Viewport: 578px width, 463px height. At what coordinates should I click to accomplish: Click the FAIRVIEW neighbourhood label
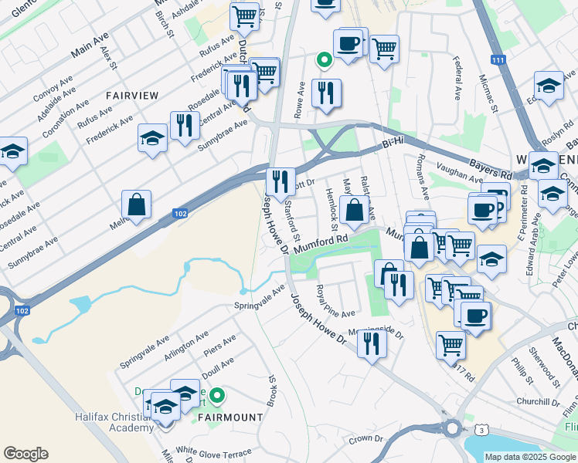coord(133,96)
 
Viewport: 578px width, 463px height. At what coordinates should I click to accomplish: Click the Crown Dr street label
coord(365,439)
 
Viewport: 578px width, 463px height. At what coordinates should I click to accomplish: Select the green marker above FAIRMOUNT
coord(218,397)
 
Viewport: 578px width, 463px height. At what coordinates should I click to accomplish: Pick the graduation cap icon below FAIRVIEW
coord(152,139)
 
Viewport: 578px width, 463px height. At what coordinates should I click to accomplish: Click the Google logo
coord(25,454)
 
